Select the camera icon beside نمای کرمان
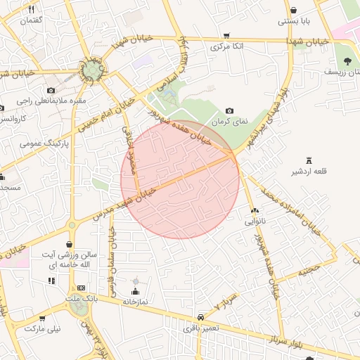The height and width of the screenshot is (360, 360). [x=230, y=111]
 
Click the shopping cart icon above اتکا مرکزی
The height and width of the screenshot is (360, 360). [x=226, y=36]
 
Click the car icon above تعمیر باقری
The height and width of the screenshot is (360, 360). [x=201, y=317]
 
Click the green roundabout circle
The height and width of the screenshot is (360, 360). [x=91, y=70]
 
